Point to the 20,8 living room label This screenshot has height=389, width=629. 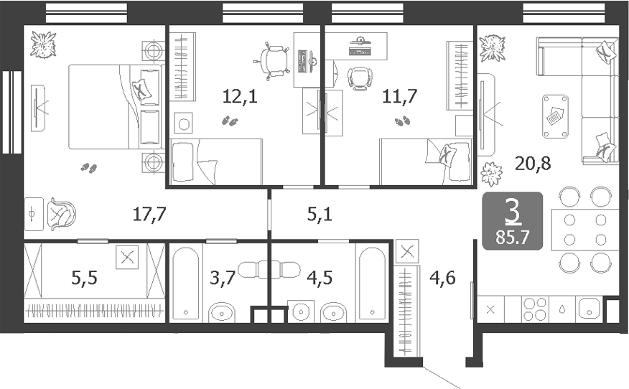[x=533, y=164]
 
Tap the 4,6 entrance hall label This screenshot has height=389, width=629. [x=442, y=278]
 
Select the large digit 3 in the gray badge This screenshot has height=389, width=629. [x=513, y=211]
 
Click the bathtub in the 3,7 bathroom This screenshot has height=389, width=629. [x=186, y=283]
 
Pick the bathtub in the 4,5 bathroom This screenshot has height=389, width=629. [x=371, y=283]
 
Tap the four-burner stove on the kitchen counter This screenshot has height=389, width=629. [x=535, y=309]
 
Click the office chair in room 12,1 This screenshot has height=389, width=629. [x=273, y=60]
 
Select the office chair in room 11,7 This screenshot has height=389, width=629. [x=358, y=78]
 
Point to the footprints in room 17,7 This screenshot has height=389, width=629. [x=89, y=167]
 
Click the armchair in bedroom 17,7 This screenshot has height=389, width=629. [x=60, y=213]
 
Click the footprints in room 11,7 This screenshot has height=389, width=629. [x=404, y=121]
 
